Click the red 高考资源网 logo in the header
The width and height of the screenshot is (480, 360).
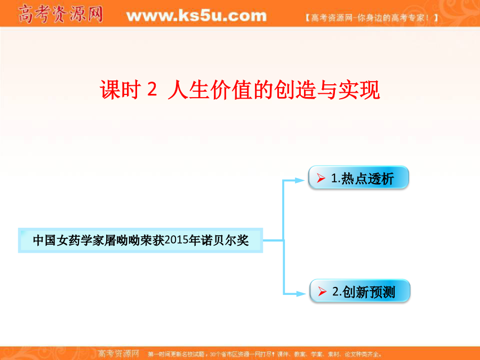tap(60, 14)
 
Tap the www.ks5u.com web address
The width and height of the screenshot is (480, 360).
tap(196, 15)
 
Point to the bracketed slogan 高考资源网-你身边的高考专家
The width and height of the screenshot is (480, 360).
tap(372, 18)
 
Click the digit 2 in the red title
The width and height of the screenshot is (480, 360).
tap(152, 90)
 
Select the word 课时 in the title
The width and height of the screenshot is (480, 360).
tap(120, 90)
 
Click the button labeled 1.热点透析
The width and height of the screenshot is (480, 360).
tap(358, 178)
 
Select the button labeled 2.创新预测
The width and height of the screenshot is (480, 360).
tap(359, 291)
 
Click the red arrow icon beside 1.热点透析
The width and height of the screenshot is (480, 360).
tap(321, 178)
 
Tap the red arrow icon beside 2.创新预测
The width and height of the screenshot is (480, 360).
tap(322, 291)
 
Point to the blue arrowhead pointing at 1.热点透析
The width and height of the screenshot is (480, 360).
tap(299, 180)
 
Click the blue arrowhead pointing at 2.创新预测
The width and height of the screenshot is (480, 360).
tap(301, 294)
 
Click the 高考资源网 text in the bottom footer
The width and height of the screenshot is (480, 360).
tap(118, 354)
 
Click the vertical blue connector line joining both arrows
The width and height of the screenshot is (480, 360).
tap(284, 237)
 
